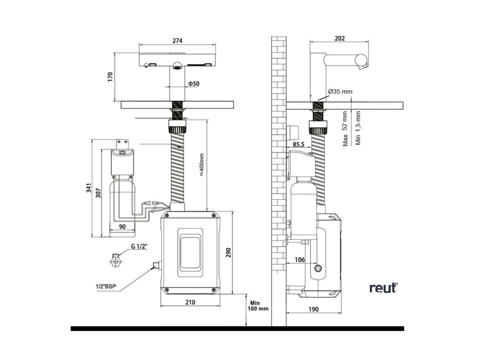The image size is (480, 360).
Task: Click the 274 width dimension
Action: [x=177, y=40]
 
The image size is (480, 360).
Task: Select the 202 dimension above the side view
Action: [x=339, y=38]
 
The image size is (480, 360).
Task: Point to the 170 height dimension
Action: [x=110, y=76]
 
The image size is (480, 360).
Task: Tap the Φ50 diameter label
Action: [x=194, y=83]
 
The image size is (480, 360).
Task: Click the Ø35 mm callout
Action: [x=340, y=91]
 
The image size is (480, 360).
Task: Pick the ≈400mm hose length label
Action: [x=202, y=165]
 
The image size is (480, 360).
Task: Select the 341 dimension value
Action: [x=89, y=188]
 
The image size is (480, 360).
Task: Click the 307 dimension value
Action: [x=98, y=193]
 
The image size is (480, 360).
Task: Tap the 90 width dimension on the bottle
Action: [x=122, y=227]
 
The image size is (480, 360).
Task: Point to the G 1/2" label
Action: [x=139, y=246]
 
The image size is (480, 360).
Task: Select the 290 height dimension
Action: [x=229, y=252]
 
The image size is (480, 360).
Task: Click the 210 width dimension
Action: [x=190, y=302]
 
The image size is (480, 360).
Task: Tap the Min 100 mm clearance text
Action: [x=258, y=306]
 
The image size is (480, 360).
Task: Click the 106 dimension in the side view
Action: [x=300, y=260]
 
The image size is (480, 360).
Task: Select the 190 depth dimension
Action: [x=313, y=309]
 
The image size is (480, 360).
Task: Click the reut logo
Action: [x=383, y=287]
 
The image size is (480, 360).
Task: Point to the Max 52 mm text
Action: [x=345, y=128]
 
